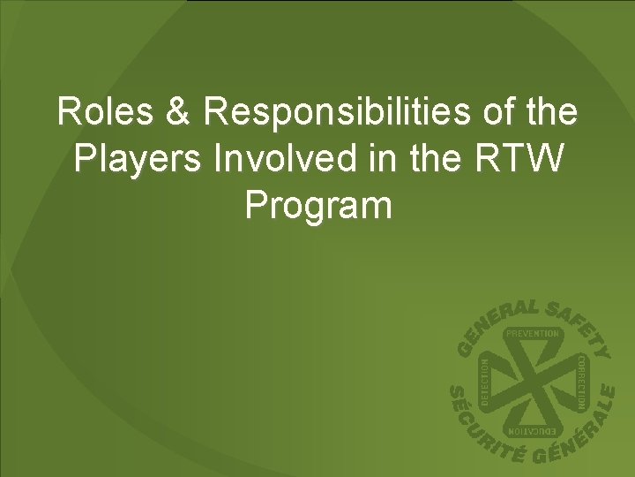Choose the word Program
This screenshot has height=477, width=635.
pos(317,206)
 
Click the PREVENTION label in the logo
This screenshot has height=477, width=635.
pos(532,334)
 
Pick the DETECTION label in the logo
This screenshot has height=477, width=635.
pos(484,382)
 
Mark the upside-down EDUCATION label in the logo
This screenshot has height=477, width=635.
pos(532,431)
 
